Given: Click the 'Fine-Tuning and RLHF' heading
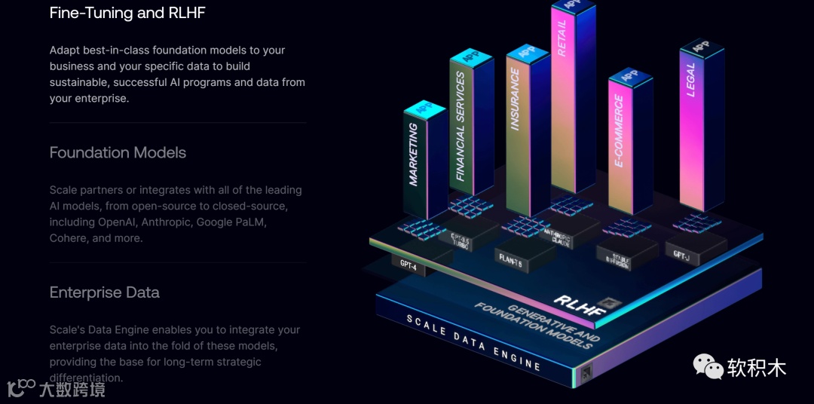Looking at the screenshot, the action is pyautogui.click(x=127, y=13).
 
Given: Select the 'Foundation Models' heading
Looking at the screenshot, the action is pyautogui.click(x=118, y=152).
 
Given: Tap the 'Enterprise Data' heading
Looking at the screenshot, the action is pyautogui.click(x=104, y=292).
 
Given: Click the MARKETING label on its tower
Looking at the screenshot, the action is pyautogui.click(x=414, y=155).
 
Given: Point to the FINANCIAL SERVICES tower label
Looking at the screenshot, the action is pyautogui.click(x=461, y=126).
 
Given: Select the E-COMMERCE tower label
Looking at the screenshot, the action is pyautogui.click(x=619, y=130).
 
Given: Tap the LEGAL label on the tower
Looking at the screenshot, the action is pyautogui.click(x=690, y=80).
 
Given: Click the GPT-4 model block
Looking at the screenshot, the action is pyautogui.click(x=408, y=265).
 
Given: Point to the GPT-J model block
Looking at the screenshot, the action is pyautogui.click(x=683, y=254).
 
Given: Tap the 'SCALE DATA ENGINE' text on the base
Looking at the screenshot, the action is pyautogui.click(x=473, y=342).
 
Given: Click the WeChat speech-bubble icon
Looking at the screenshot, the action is pyautogui.click(x=708, y=367).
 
